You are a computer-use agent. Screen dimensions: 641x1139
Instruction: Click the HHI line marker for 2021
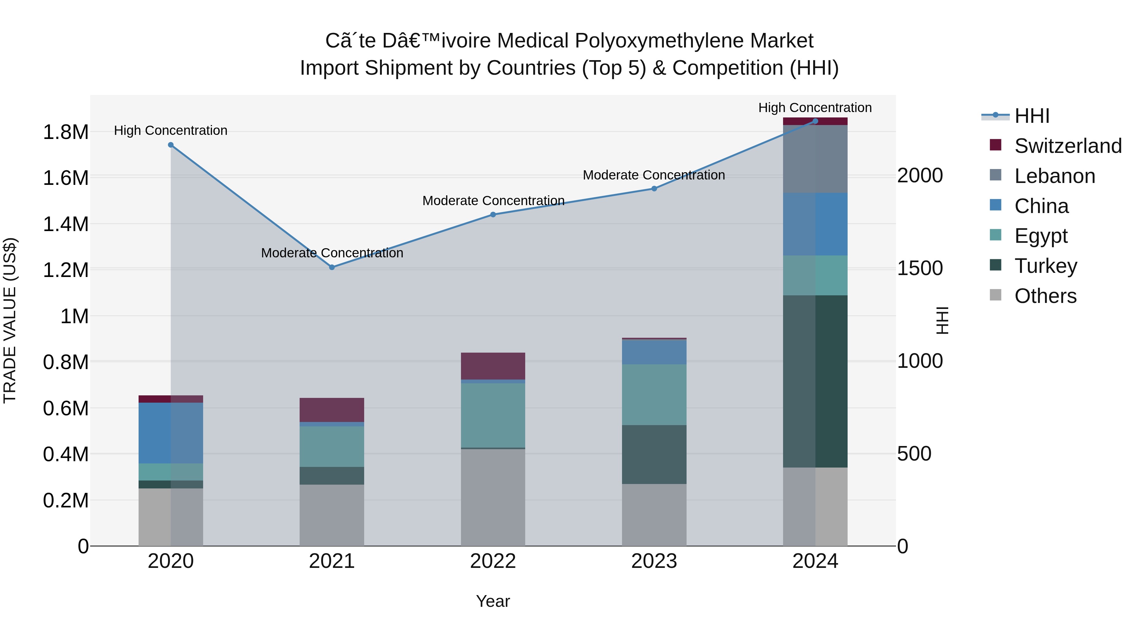pos(332,267)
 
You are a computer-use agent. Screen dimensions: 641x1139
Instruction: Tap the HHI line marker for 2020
pos(171,145)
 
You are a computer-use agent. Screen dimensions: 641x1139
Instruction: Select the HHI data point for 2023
pos(654,188)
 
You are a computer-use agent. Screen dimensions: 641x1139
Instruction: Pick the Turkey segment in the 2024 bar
pos(815,381)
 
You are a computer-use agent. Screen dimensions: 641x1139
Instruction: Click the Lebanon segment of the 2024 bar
pos(815,159)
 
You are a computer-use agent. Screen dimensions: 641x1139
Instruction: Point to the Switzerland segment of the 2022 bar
pos(493,366)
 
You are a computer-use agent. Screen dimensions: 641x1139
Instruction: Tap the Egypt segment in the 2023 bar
pos(654,395)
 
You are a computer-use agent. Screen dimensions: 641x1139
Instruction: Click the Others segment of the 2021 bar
pos(332,515)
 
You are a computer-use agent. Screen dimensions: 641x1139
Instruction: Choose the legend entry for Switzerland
pos(1067,146)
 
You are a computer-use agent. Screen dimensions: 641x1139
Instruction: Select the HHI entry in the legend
pos(1031,116)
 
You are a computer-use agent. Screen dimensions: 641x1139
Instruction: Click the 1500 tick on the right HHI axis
pos(920,268)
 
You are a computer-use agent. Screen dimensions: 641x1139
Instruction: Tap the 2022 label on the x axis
pos(493,561)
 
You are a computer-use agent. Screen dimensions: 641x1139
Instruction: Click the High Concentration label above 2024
pos(815,108)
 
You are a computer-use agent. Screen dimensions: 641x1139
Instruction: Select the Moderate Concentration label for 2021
pos(332,253)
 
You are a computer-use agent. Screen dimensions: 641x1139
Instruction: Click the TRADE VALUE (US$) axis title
pos(10,320)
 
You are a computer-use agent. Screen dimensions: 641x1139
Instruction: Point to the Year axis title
pos(493,601)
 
